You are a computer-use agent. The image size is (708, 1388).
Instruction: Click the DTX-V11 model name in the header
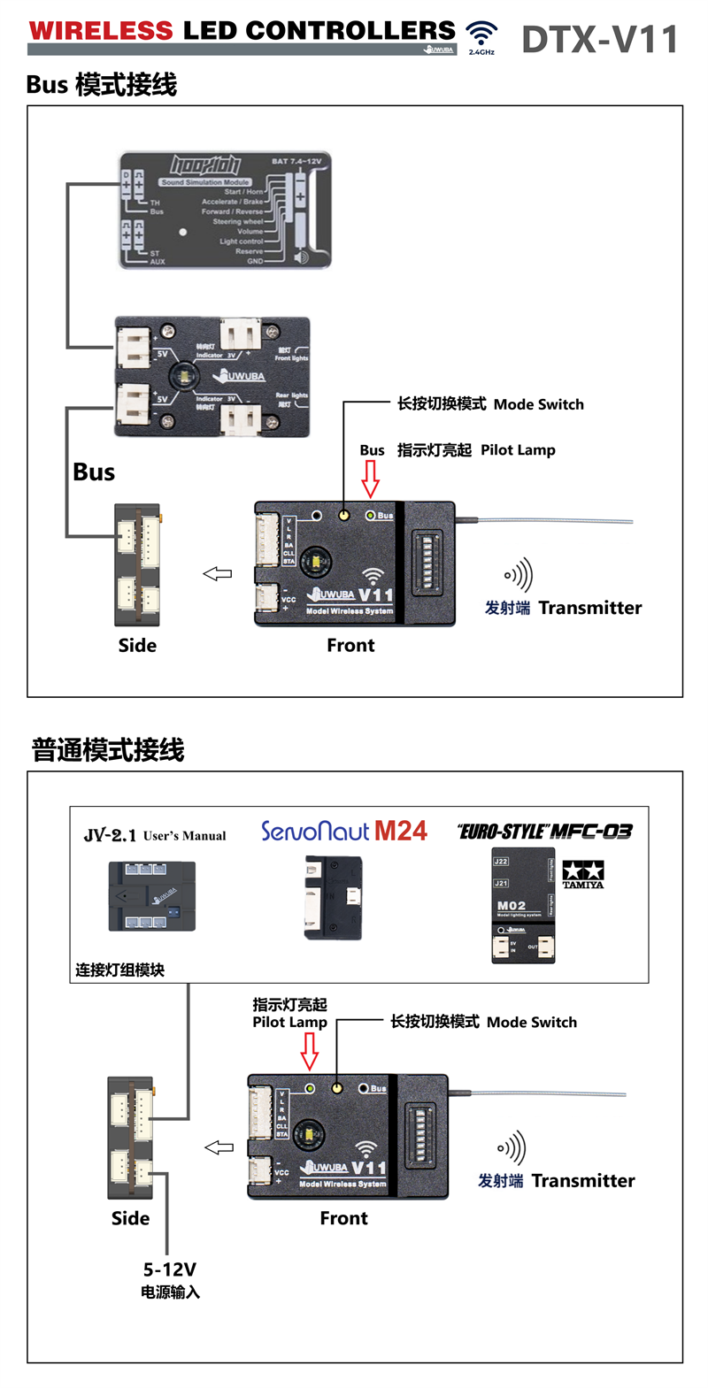599,40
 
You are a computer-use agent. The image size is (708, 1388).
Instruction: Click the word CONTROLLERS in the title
350,31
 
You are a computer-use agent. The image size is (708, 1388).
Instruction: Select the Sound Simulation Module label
205,182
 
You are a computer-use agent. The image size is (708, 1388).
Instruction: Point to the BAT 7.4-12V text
296,162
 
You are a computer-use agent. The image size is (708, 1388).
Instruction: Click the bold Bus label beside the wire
94,472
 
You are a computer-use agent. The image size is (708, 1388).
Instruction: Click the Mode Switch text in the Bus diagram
538,404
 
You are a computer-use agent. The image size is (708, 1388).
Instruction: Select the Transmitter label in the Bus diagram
589,608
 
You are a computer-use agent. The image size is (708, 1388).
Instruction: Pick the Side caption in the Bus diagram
137,646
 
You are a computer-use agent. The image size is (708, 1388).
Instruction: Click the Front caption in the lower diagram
343,1218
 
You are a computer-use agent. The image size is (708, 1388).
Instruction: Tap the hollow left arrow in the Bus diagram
218,574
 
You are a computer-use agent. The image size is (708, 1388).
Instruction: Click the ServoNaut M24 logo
343,832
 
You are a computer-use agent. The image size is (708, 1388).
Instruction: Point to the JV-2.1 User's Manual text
155,835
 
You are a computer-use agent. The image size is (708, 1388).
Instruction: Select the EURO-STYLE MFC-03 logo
545,832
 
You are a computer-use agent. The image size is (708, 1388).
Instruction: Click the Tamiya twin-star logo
583,872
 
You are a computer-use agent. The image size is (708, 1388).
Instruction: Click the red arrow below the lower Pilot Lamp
310,1050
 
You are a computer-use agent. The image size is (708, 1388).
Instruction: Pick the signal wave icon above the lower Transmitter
512,1147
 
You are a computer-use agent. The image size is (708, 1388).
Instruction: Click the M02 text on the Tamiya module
512,906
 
